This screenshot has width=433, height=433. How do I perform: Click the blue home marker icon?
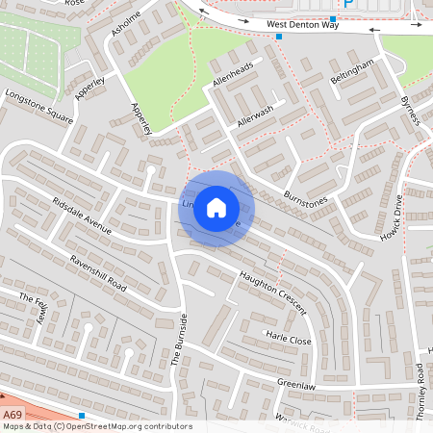[216, 207]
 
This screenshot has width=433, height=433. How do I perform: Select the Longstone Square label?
[39, 106]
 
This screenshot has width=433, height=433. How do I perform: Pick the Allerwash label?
[255, 116]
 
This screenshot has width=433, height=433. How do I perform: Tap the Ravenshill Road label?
[98, 273]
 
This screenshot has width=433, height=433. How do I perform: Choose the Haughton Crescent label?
[272, 293]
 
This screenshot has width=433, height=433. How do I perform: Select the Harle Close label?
[289, 340]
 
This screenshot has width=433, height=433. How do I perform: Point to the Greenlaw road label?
[296, 383]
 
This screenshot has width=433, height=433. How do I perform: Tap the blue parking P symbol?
[348, 4]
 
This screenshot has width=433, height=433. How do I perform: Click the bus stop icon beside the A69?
[82, 415]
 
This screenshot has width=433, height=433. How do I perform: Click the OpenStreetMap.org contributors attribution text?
[129, 426]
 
